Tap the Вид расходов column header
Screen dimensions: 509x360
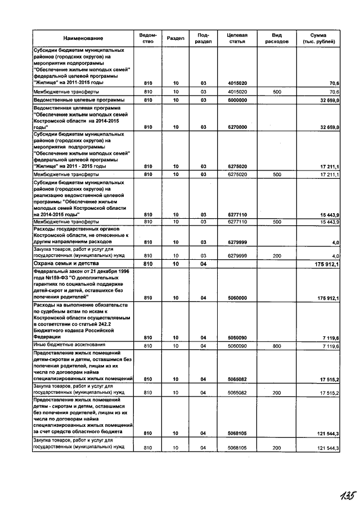276,38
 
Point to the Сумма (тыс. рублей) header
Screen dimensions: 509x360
318,38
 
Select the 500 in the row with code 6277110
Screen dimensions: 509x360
276,222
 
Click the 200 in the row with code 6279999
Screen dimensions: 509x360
276,255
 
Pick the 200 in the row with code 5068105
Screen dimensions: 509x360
276,448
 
